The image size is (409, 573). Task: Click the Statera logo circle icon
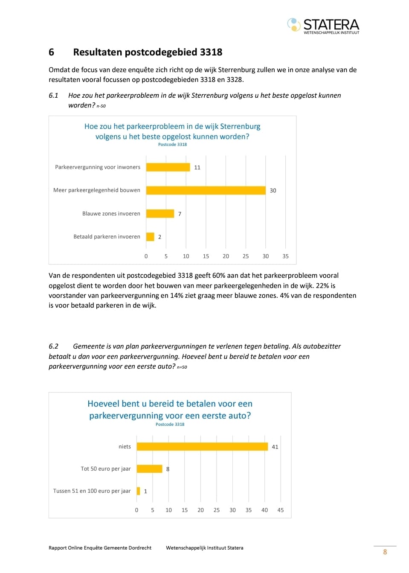[x=294, y=25]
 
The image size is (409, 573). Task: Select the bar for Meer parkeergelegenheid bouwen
[x=206, y=190]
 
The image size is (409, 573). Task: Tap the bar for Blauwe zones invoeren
[x=160, y=214]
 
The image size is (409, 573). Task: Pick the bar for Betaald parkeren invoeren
[x=150, y=237]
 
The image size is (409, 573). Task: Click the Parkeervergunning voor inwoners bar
[x=168, y=167]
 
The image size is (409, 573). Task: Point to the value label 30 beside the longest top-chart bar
[x=273, y=191]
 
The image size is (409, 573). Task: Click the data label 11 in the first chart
[x=197, y=168]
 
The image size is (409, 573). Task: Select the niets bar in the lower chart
[x=202, y=447]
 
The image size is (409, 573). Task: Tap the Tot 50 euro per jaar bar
[x=150, y=469]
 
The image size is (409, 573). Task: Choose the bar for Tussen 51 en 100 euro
[x=138, y=491]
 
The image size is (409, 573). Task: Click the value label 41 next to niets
[x=275, y=447]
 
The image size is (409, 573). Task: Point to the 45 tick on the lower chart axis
[x=281, y=510]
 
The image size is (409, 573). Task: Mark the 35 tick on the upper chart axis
[x=285, y=256]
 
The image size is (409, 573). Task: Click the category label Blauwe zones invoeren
[x=111, y=214]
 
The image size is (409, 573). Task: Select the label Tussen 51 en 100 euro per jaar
[x=92, y=491]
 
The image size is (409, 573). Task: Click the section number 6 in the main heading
[x=51, y=52]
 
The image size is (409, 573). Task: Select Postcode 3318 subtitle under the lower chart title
[x=170, y=425]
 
